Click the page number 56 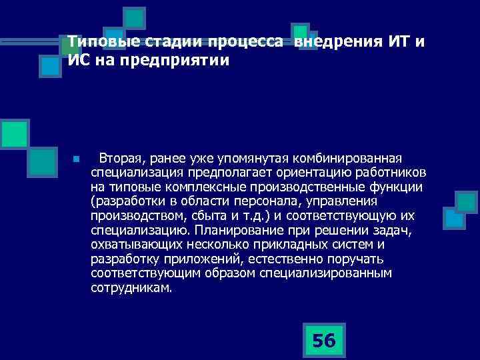(323, 341)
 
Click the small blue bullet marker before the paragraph (77, 160)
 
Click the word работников (388, 173)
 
